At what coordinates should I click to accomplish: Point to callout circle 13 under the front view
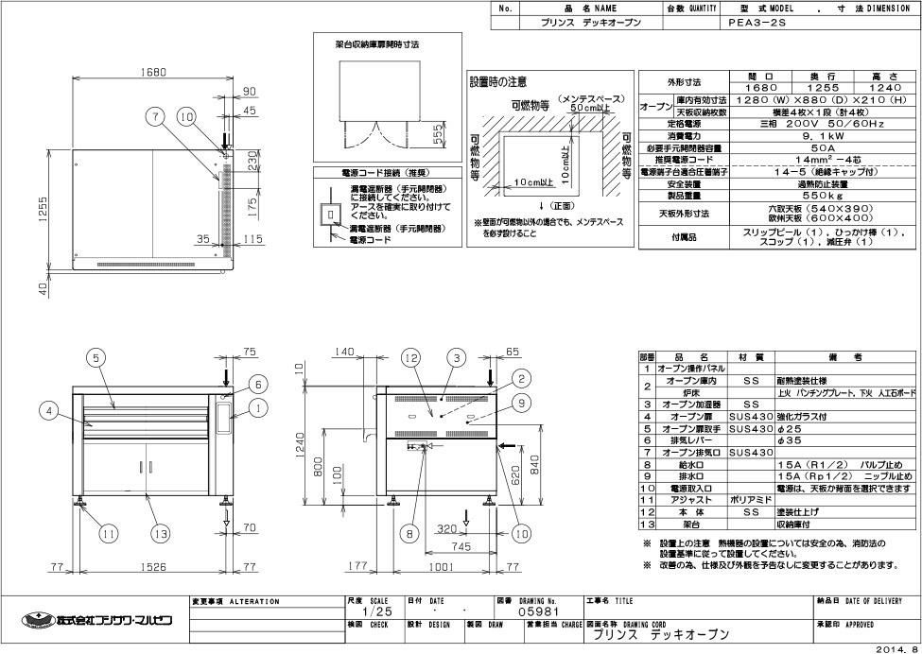[162, 534]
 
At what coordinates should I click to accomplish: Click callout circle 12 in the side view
[409, 357]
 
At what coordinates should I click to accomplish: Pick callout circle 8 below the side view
[409, 534]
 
